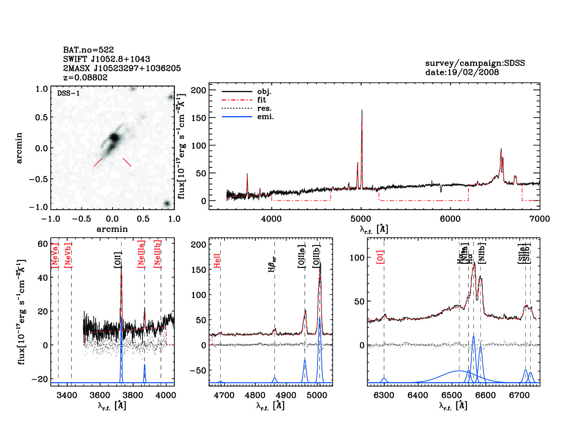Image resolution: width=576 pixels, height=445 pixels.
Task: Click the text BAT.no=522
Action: pos(88,50)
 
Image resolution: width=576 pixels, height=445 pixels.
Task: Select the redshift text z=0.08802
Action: pos(85,77)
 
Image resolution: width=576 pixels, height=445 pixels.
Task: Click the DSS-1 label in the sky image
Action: pos(68,93)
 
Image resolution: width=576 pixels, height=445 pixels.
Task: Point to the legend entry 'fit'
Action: pos(261,100)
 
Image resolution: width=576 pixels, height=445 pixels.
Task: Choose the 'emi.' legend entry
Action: pos(265,117)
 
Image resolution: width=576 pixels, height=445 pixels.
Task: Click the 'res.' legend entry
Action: pos(264,108)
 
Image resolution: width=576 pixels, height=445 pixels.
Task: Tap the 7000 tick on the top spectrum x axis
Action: pos(539,219)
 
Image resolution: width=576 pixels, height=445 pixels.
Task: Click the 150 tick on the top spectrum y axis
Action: pos(199,118)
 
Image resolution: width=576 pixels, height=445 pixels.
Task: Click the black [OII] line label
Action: pos(118,260)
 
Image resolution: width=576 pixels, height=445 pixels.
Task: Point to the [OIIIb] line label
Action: pos(316,256)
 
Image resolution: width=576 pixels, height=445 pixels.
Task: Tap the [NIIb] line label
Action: pos(482,253)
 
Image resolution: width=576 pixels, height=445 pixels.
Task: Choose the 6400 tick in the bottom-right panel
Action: pos(418,395)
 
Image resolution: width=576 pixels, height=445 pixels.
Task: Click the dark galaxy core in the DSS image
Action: pos(114,138)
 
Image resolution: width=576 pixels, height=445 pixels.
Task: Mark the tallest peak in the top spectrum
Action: pos(362,111)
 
